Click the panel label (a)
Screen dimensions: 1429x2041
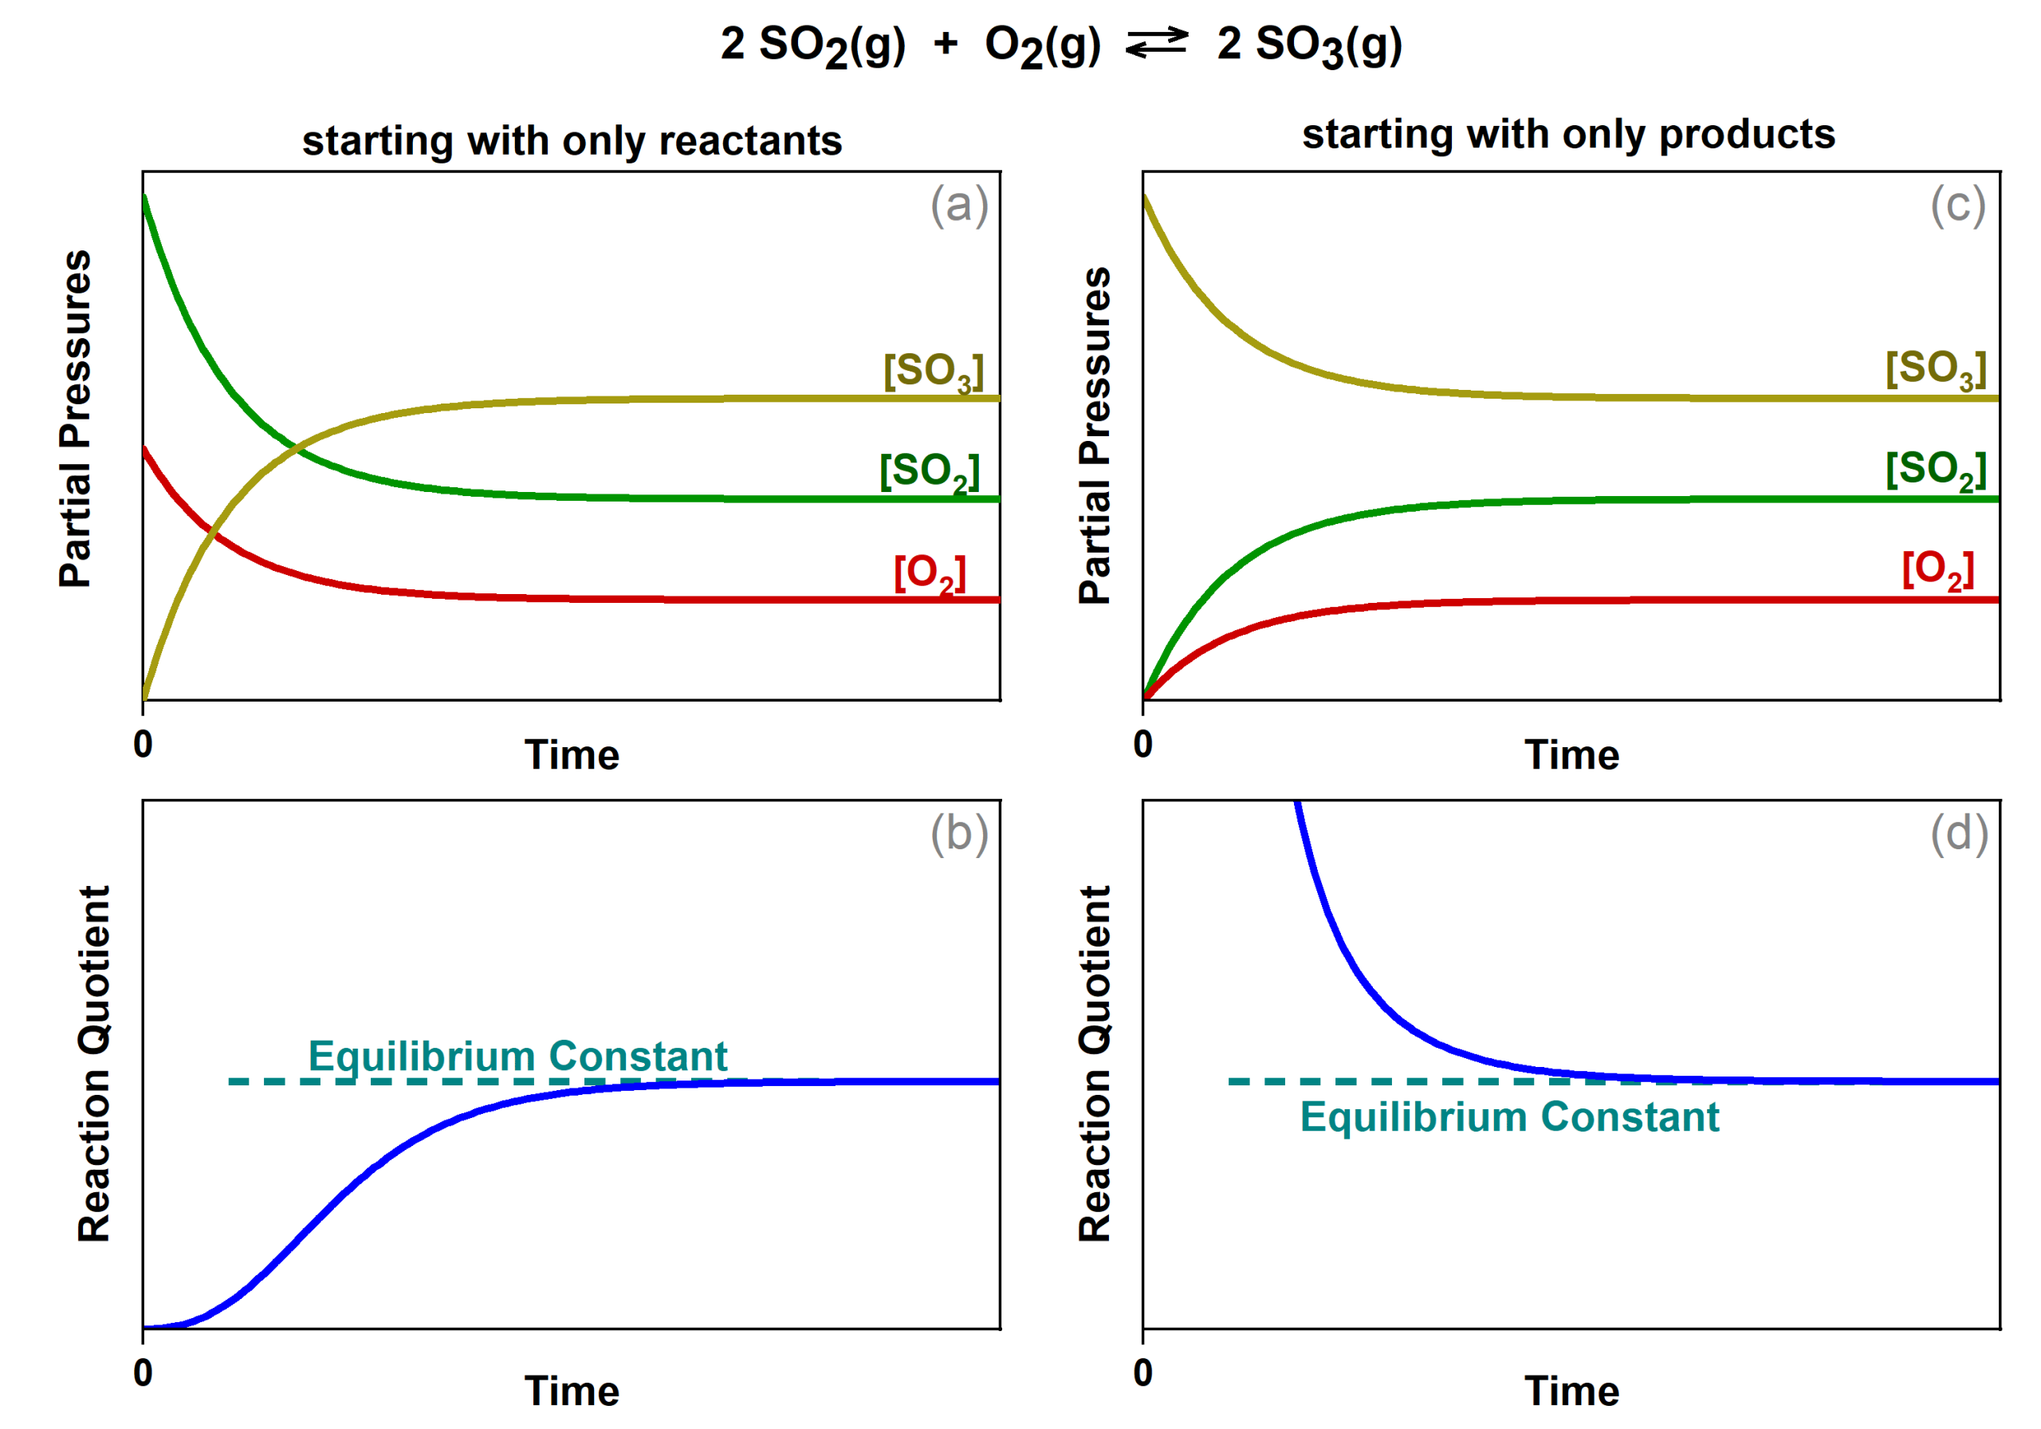(958, 206)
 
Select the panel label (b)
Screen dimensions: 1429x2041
(958, 834)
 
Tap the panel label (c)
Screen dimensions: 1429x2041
(1957, 206)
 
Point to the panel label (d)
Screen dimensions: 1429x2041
(1958, 834)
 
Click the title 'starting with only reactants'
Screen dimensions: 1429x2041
(572, 140)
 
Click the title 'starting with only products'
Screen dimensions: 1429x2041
(1568, 134)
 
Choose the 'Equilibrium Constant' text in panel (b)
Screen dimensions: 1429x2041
(517, 1057)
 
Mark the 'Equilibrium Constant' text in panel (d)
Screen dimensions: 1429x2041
(1508, 1117)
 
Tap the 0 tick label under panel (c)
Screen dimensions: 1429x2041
(1142, 744)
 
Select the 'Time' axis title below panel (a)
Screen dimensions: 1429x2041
(571, 755)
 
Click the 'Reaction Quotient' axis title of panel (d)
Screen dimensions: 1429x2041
(1095, 1064)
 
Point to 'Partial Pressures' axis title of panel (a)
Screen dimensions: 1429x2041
(76, 418)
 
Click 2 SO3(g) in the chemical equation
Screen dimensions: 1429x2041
(1308, 45)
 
